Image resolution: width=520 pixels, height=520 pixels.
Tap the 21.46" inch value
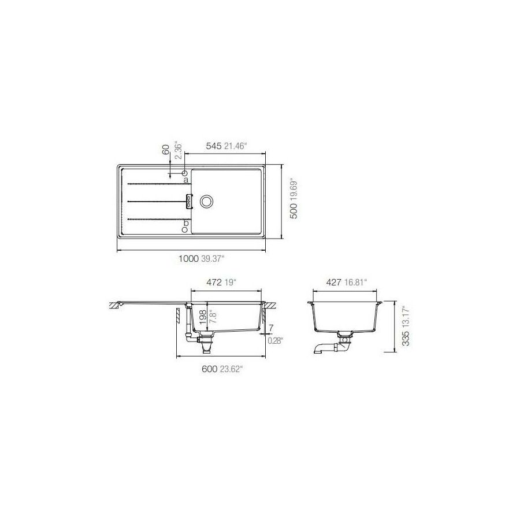click(236, 147)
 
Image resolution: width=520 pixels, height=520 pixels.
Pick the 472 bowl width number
click(215, 282)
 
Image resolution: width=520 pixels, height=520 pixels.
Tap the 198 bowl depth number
click(202, 315)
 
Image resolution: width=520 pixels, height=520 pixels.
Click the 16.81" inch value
click(356, 282)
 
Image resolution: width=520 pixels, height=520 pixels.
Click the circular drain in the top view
click(206, 201)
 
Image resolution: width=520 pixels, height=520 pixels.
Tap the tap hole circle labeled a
click(184, 173)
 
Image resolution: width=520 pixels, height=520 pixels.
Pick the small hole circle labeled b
click(184, 229)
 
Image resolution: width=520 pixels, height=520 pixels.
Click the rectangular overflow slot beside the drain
click(188, 200)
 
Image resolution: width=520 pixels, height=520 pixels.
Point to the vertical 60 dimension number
click(165, 149)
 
